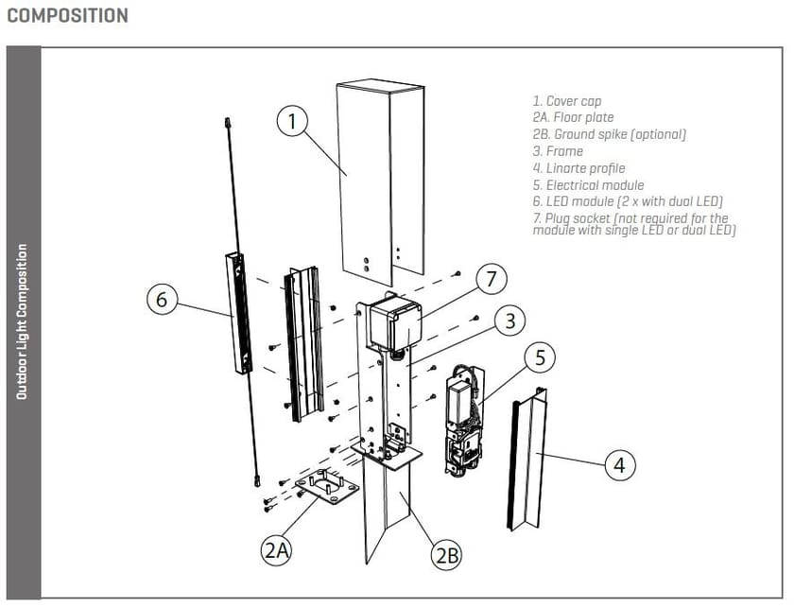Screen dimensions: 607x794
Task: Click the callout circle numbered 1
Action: tap(293, 122)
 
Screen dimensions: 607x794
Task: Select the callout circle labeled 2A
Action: tap(275, 550)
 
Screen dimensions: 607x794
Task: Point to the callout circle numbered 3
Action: tap(509, 321)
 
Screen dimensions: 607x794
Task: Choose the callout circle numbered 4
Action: tap(619, 465)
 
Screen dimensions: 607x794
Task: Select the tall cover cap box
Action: tap(378, 180)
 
